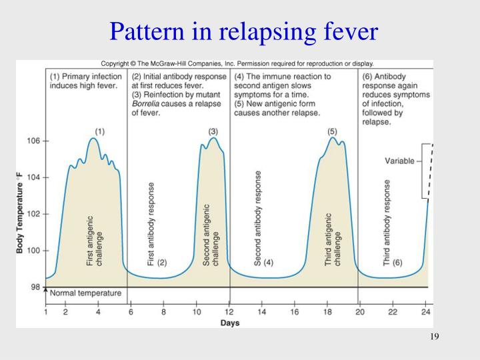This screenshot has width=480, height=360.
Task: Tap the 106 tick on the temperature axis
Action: pyautogui.click(x=33, y=141)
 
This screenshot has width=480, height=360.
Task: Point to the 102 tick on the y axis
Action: pyautogui.click(x=33, y=214)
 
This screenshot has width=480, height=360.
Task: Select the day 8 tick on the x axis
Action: pyautogui.click(x=163, y=311)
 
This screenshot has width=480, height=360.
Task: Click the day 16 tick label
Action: pyautogui.click(x=295, y=311)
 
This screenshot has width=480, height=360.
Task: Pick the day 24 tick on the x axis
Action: pyautogui.click(x=426, y=311)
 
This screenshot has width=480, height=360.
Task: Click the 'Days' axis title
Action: pyautogui.click(x=231, y=323)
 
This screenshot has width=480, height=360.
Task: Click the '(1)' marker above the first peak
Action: pyautogui.click(x=99, y=131)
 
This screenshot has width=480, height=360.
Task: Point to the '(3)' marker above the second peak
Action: pyautogui.click(x=213, y=131)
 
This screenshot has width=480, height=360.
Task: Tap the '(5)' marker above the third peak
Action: pyautogui.click(x=332, y=131)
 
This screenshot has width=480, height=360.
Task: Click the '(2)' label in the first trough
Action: pyautogui.click(x=162, y=263)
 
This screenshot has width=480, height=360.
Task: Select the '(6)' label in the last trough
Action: pyautogui.click(x=397, y=263)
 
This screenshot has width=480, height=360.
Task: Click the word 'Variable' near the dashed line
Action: pyautogui.click(x=399, y=161)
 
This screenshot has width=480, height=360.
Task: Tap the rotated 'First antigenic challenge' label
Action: pyautogui.click(x=95, y=241)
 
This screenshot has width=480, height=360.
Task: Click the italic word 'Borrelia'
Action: pyautogui.click(x=147, y=104)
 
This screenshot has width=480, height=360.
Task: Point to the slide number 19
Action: pyautogui.click(x=434, y=336)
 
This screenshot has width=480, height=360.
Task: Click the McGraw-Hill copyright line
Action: pyautogui.click(x=237, y=64)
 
